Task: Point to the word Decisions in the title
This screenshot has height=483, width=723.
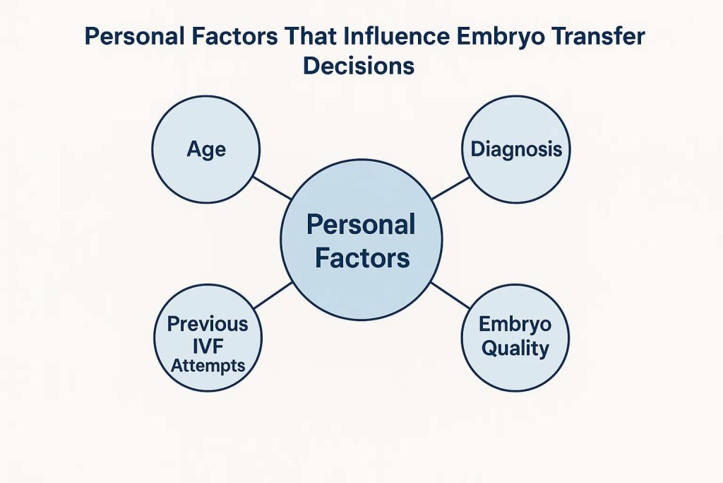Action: [x=358, y=66]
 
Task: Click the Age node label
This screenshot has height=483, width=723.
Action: [x=206, y=150]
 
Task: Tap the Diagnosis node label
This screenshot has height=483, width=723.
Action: [x=516, y=150]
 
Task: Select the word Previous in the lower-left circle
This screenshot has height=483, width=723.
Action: [x=208, y=324]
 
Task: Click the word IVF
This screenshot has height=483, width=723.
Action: [x=208, y=346]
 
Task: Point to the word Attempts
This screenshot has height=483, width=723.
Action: [x=208, y=366]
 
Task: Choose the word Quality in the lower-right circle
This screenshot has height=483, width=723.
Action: [x=515, y=349]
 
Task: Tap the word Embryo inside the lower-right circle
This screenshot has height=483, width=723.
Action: [x=515, y=325]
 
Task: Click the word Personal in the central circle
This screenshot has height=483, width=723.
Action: [x=361, y=224]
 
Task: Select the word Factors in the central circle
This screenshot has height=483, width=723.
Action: [x=362, y=257]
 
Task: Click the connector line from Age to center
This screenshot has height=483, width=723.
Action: [x=272, y=188]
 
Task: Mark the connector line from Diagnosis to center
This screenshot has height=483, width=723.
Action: [x=450, y=188]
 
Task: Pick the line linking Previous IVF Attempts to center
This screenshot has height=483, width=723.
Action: [x=273, y=295]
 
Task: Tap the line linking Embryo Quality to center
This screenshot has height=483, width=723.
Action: [x=450, y=295]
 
